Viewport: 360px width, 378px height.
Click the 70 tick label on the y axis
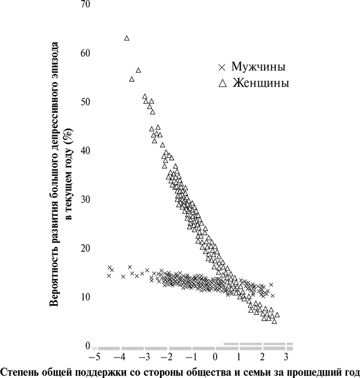(x=86, y=4)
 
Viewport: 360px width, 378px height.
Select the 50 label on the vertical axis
(x=86, y=102)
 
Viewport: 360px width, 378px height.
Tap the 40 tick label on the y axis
(x=86, y=151)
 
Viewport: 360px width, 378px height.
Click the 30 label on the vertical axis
(x=86, y=200)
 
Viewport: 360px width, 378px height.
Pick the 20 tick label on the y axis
(x=86, y=248)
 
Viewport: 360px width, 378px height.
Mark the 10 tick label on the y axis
(x=86, y=297)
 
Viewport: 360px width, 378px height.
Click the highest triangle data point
(x=127, y=38)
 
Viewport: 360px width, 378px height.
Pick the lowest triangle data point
(x=274, y=321)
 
